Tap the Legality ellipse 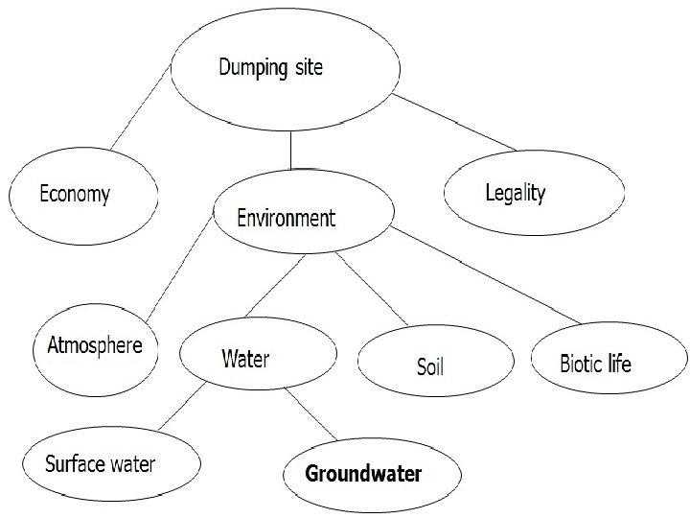tap(516, 194)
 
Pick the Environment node tap(287, 219)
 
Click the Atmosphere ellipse tap(95, 346)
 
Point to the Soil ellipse tap(431, 365)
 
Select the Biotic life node tap(595, 364)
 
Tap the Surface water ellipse tap(100, 465)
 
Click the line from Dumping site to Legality tap(456, 122)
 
